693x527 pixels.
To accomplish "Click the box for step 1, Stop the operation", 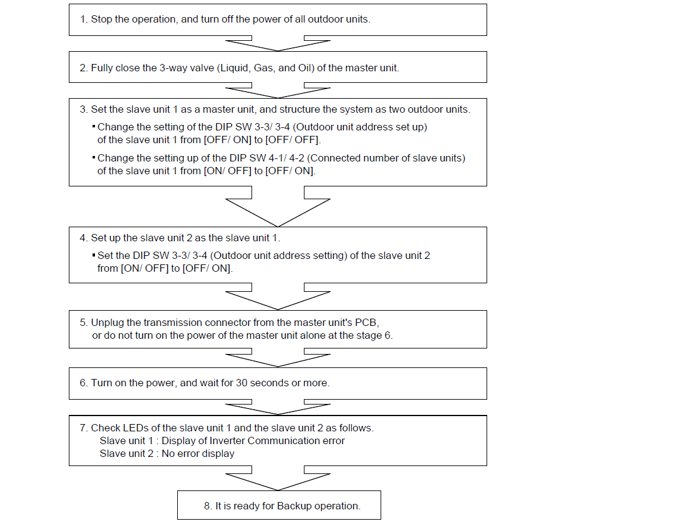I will pyautogui.click(x=278, y=19).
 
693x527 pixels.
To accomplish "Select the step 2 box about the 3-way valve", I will pyautogui.click(x=278, y=67).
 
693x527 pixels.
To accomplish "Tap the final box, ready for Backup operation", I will pyautogui.click(x=279, y=505).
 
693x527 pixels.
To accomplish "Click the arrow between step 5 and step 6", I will pyautogui.click(x=278, y=358).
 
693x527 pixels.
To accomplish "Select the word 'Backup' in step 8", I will pyautogui.click(x=294, y=506).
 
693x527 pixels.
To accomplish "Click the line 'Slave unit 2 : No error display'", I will pyautogui.click(x=167, y=453).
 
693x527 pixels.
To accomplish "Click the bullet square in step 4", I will pyautogui.click(x=94, y=255).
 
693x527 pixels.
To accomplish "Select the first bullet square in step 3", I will pyautogui.click(x=94, y=126).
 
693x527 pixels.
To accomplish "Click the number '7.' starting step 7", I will pyautogui.click(x=84, y=428).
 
